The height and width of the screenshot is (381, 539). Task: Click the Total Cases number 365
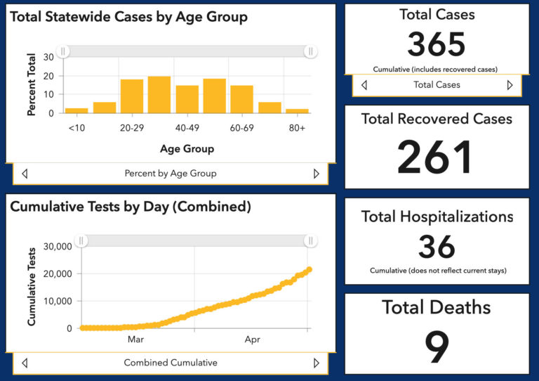437,45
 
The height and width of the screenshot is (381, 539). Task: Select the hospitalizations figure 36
437,247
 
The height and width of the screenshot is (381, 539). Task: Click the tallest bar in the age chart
159,95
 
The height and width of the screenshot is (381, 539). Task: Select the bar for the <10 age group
76,110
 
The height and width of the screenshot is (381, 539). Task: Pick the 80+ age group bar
297,111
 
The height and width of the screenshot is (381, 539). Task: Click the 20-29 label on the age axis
132,128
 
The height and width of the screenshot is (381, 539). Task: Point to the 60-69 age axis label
241,128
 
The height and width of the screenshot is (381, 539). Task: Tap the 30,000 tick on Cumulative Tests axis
58,247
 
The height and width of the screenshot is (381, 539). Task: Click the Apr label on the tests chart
253,340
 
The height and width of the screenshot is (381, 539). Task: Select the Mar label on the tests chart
136,340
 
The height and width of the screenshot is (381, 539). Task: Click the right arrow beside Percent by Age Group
316,173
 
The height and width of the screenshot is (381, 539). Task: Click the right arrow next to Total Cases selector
510,85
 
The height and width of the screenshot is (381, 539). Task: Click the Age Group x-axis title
187,148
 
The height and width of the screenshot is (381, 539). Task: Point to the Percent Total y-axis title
32,84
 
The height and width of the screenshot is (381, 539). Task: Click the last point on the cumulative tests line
309,269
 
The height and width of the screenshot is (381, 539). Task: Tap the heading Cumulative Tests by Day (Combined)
131,207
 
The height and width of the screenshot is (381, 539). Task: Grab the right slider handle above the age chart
310,51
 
